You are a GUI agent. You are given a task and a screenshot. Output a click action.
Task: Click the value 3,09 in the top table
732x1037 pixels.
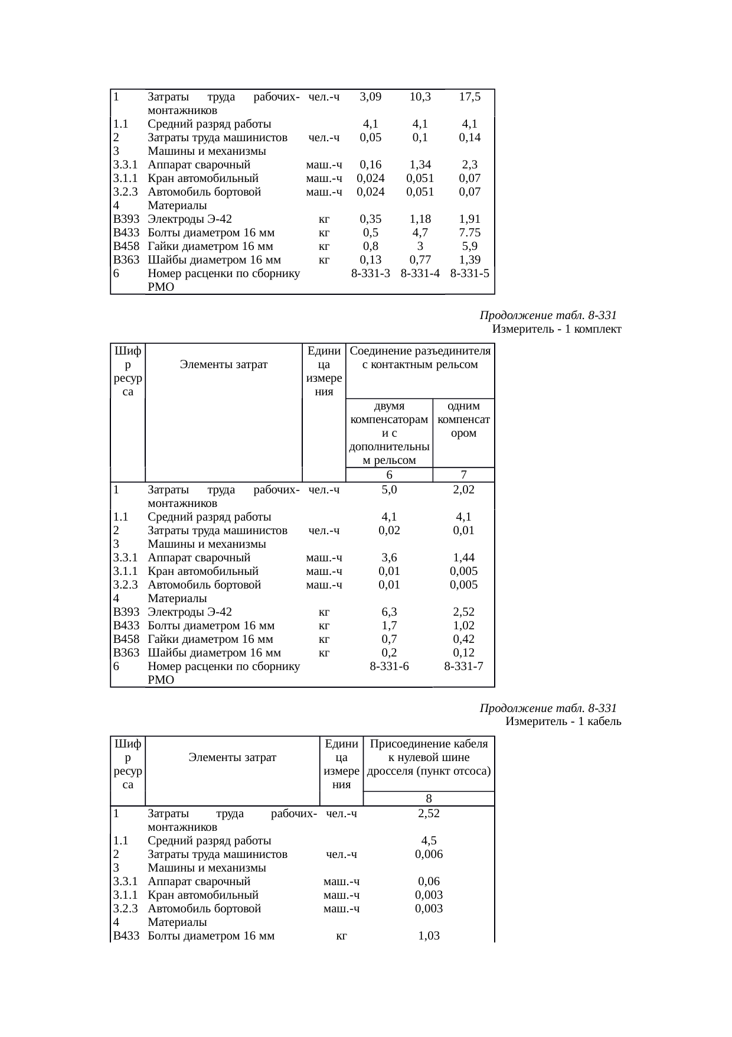coord(370,97)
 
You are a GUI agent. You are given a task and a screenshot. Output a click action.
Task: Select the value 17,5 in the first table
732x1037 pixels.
coord(469,97)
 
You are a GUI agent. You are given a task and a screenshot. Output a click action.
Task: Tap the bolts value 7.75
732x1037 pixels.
coord(469,233)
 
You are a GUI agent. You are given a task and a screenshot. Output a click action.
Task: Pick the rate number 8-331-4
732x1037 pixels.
coord(420,274)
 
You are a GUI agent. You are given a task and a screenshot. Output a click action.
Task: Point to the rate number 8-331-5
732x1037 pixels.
coord(469,274)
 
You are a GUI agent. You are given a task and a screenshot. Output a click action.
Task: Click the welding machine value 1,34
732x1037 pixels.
coord(420,165)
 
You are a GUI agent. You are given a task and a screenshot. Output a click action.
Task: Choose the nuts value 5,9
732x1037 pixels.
coord(469,246)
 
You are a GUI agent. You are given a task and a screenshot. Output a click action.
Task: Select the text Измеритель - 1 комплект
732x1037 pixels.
coord(556,329)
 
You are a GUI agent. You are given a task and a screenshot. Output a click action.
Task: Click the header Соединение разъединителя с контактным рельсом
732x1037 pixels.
coord(420,358)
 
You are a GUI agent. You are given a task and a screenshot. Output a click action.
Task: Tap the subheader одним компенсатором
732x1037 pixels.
coord(463,420)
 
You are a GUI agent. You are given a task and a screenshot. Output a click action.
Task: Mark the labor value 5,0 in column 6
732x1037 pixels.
coord(389,490)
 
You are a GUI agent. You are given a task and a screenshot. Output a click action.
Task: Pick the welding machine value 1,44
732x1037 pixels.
coord(463,558)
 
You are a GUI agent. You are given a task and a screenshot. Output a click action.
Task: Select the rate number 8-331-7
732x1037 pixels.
coord(463,667)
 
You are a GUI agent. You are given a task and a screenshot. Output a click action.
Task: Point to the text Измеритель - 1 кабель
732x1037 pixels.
coord(563,721)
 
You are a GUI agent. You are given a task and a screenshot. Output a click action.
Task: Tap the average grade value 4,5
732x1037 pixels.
coord(429,841)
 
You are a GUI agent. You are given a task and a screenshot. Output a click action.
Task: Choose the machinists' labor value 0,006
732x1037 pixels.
coord(429,854)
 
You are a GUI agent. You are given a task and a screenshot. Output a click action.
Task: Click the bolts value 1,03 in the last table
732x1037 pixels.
coord(429,936)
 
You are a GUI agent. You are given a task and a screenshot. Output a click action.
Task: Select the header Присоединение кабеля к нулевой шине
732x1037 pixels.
coord(429,758)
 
